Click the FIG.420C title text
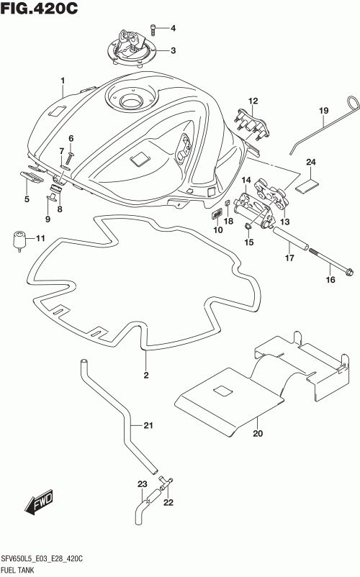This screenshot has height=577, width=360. (39, 8)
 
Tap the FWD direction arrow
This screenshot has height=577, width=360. (40, 502)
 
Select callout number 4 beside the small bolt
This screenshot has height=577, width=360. (173, 28)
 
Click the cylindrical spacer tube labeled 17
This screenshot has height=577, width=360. (290, 238)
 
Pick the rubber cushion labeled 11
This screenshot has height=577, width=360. (19, 241)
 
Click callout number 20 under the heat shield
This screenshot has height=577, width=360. (258, 433)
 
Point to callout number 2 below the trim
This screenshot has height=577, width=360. (146, 375)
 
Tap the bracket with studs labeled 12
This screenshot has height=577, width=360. (252, 123)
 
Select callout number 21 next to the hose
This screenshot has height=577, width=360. (148, 425)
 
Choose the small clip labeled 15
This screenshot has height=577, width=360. (248, 226)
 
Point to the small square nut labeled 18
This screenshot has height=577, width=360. (228, 204)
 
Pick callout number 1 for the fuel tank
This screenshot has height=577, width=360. (63, 81)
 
